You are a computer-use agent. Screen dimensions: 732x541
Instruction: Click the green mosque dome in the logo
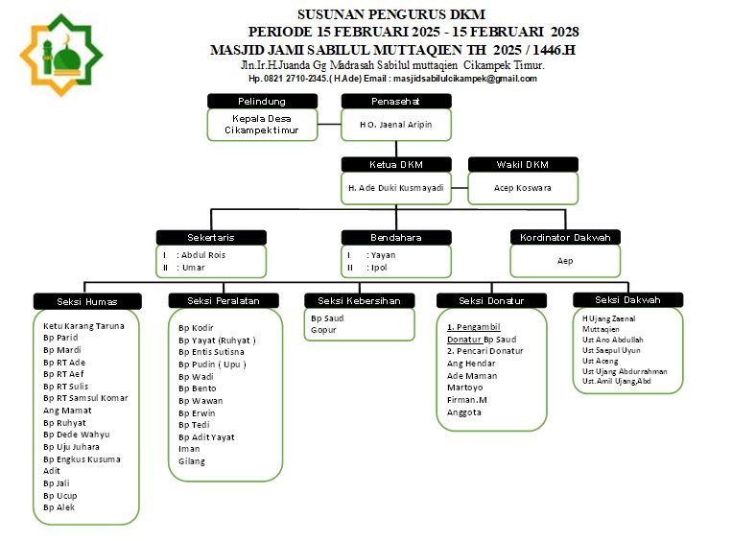pyautogui.click(x=67, y=59)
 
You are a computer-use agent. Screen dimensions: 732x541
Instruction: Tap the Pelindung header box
pyautogui.click(x=262, y=102)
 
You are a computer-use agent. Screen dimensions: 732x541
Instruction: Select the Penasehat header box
pyautogui.click(x=396, y=102)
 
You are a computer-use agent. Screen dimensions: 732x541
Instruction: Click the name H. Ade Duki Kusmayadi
pyautogui.click(x=396, y=188)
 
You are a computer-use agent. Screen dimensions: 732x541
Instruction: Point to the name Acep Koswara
pyautogui.click(x=523, y=188)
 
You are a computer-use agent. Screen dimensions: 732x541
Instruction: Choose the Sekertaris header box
pyautogui.click(x=211, y=238)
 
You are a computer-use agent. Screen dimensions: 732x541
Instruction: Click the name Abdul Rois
pyautogui.click(x=203, y=255)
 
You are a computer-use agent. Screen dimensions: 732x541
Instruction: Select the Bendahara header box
pyautogui.click(x=396, y=238)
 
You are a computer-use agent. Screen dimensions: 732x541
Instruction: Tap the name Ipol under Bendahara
pyautogui.click(x=379, y=268)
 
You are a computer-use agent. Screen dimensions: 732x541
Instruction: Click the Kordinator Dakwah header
pyautogui.click(x=565, y=238)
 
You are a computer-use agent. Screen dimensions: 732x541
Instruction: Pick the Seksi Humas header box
pyautogui.click(x=87, y=301)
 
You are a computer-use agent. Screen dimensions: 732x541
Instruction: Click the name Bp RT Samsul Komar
pyautogui.click(x=85, y=398)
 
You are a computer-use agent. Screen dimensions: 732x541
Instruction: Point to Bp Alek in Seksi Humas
pyautogui.click(x=59, y=507)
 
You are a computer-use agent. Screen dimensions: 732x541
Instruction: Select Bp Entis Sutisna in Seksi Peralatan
pyautogui.click(x=211, y=352)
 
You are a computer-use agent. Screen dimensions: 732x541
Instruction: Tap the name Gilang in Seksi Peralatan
pyautogui.click(x=192, y=461)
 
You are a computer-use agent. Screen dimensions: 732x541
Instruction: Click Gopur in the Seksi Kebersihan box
pyautogui.click(x=323, y=330)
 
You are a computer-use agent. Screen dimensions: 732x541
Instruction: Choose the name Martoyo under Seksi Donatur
pyautogui.click(x=465, y=388)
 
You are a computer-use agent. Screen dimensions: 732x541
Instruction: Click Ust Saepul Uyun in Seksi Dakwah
pyautogui.click(x=611, y=350)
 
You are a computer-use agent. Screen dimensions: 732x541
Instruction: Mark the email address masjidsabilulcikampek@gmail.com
pyautogui.click(x=465, y=79)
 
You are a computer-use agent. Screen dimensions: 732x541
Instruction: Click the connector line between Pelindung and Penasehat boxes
pyautogui.click(x=330, y=125)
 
